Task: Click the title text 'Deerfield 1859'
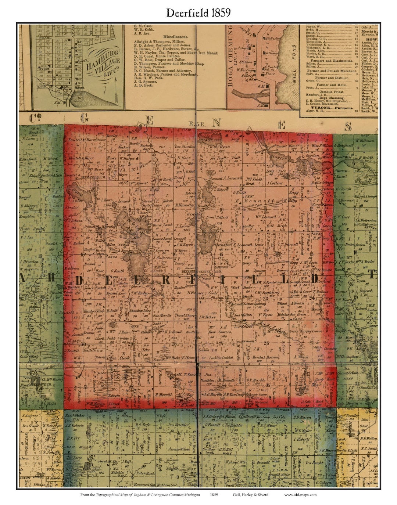tap(198, 12)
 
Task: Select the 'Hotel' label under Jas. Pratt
tap(250, 183)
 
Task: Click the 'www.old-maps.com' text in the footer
tap(300, 495)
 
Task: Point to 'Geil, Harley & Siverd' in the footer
tap(250, 495)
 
